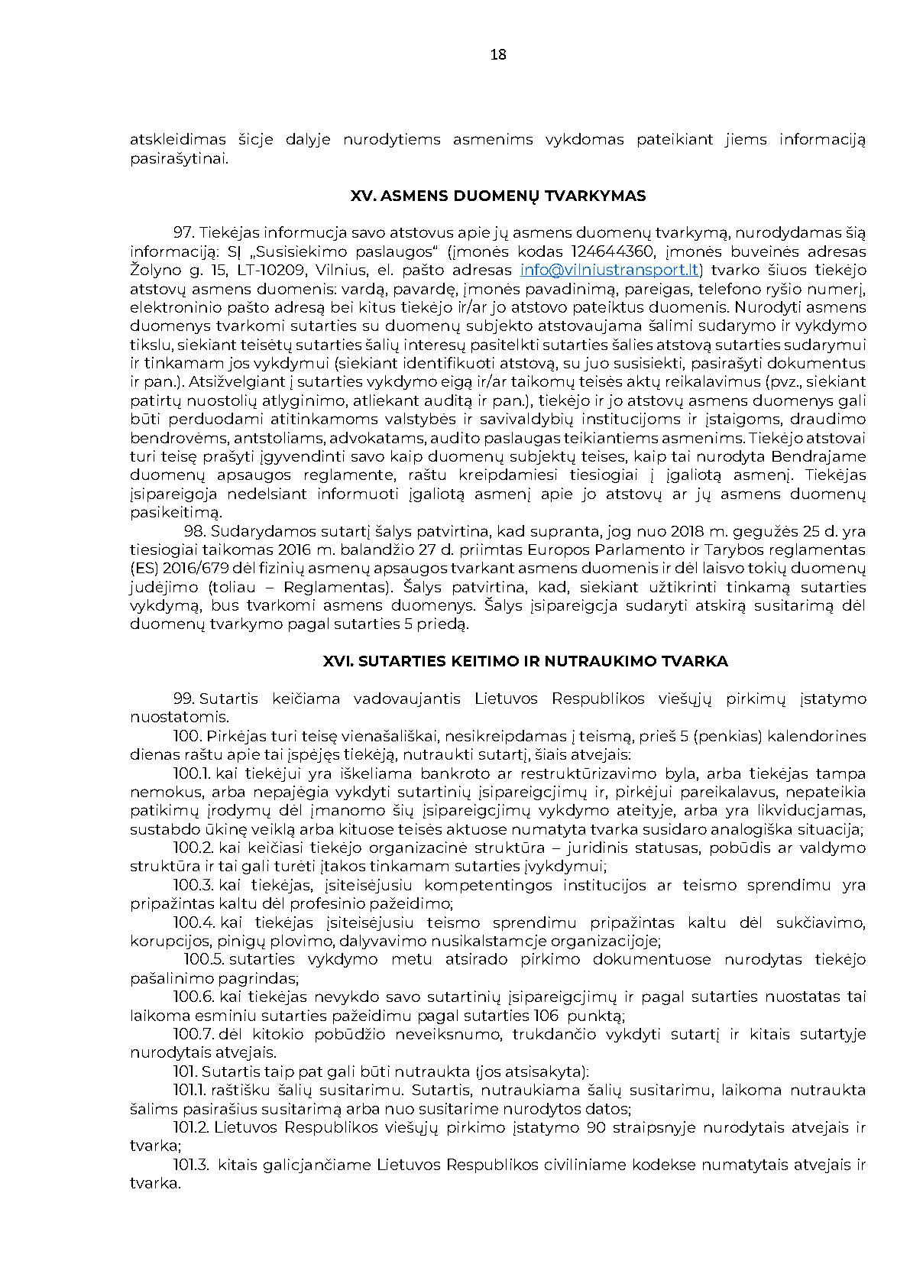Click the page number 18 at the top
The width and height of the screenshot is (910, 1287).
pos(497,54)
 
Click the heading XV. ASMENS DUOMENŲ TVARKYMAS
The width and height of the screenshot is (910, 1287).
pos(497,196)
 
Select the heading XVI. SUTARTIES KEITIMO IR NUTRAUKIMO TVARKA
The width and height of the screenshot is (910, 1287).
pos(525,661)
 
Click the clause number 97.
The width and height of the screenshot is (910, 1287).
pos(184,232)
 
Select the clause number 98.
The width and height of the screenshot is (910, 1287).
pos(195,531)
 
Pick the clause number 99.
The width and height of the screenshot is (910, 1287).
pos(184,699)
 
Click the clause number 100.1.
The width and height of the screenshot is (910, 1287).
pos(193,773)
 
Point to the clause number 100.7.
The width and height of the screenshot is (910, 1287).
pos(193,1034)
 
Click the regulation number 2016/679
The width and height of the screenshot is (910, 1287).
pos(186,569)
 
